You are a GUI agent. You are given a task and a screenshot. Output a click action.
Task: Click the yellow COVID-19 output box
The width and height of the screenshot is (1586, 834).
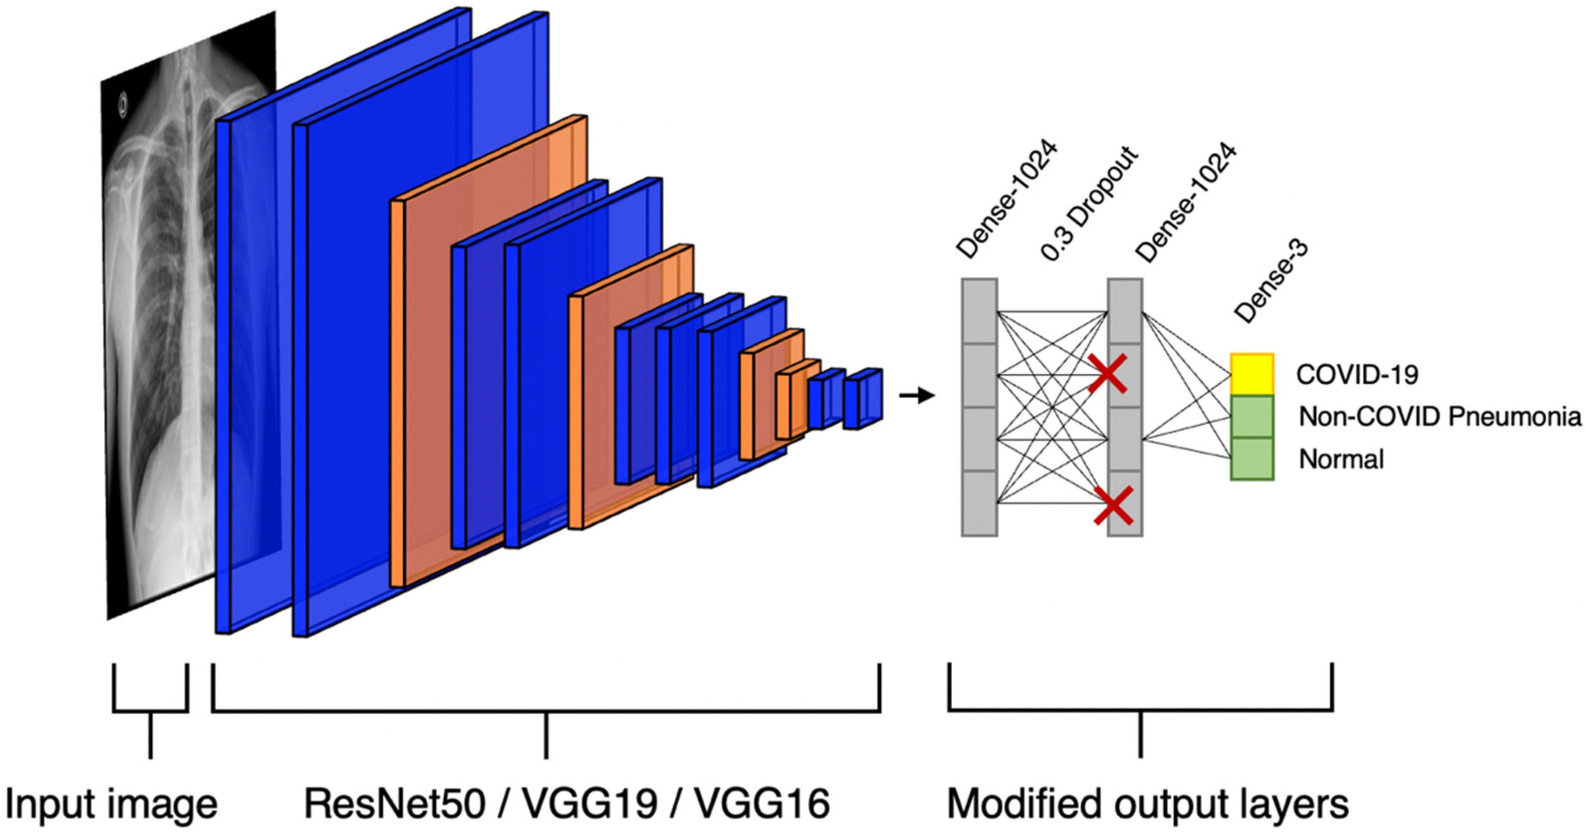[1251, 374]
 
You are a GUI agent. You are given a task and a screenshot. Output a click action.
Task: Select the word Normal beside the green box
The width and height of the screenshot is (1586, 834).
[1341, 459]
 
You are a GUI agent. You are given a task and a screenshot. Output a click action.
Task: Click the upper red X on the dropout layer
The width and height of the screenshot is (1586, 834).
[1108, 373]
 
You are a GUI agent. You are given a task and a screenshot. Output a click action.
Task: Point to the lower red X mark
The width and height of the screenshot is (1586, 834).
[1113, 505]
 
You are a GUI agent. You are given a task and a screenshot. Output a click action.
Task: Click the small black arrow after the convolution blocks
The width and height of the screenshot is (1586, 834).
[917, 395]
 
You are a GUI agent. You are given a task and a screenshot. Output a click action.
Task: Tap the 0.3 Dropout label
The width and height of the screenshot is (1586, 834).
[1089, 203]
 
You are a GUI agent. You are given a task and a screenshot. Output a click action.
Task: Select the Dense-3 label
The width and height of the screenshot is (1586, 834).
[1271, 281]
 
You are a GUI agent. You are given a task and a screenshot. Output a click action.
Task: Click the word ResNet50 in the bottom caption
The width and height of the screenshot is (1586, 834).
[395, 804]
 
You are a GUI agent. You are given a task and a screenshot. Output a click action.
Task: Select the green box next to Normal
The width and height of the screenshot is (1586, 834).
[1251, 459]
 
